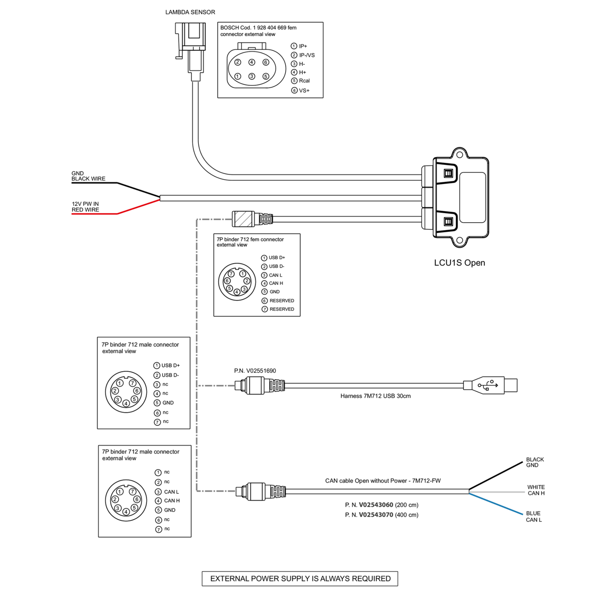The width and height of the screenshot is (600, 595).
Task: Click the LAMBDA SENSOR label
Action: pos(190,12)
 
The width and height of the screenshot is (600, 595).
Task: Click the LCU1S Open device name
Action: pos(459,263)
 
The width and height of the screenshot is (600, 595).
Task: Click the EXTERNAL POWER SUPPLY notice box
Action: pos(299,579)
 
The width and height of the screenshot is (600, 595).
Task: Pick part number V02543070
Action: pos(376,515)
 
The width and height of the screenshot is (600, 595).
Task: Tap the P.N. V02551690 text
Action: pos(255,371)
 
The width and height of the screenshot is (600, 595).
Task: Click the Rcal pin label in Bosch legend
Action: pos(304,81)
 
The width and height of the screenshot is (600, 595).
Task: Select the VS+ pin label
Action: pos(304,91)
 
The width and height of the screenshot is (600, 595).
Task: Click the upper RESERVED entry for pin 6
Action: pos(281,301)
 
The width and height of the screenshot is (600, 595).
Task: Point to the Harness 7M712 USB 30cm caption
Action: pos(375,396)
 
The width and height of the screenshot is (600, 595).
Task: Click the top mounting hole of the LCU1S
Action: pos(460,155)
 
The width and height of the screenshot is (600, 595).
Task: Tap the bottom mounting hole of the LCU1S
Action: pos(460,241)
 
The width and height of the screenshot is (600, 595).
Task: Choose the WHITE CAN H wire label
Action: pos(536,490)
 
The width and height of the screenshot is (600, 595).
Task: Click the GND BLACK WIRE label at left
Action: pos(88,176)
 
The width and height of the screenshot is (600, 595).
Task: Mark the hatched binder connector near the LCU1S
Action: pos(244,218)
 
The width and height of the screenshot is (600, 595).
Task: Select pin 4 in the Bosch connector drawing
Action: pos(252,62)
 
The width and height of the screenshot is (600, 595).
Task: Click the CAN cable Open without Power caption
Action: pos(383,481)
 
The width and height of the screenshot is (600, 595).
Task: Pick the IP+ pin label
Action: pos(303,46)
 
